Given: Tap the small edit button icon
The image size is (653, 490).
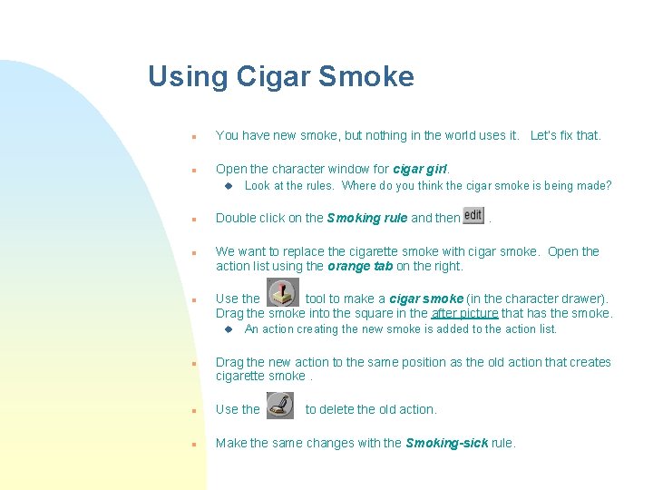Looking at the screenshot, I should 473,216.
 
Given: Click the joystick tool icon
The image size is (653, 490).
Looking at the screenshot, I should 283,293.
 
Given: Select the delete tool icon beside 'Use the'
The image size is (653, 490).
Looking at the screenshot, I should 281,406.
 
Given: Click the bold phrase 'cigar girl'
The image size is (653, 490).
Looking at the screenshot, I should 421,169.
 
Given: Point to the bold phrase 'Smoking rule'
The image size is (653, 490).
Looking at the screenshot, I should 367,218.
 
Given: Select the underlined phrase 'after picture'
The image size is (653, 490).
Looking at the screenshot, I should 464,314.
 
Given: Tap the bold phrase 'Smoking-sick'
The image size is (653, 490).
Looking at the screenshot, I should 446,443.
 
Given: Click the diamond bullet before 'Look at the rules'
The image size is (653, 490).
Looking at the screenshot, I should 229,186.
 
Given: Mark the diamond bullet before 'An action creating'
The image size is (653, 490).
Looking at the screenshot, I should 229,329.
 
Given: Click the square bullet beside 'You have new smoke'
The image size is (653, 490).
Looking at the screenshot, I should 193,136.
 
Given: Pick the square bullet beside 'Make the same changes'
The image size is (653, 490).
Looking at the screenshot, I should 193,444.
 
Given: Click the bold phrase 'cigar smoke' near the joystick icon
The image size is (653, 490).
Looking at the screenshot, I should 426,299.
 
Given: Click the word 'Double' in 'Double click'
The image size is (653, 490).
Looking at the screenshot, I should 236,218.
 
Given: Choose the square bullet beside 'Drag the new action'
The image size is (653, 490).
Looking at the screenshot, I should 193,363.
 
